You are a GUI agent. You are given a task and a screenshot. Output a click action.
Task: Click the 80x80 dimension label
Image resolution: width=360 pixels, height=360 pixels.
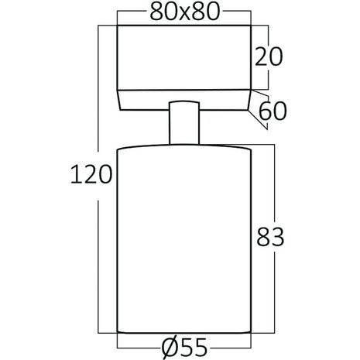[x=183, y=12]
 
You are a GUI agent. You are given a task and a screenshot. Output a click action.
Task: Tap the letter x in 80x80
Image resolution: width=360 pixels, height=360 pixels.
[x=183, y=13]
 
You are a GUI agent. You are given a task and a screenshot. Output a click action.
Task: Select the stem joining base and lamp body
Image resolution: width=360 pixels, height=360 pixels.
[x=183, y=124]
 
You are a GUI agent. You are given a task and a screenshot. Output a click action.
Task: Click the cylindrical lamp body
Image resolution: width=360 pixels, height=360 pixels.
[x=183, y=240]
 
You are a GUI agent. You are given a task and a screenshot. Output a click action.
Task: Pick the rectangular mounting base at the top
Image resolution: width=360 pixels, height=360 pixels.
[x=183, y=58]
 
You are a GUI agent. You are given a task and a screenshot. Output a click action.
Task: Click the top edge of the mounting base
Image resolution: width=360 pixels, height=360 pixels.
[x=183, y=26]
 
